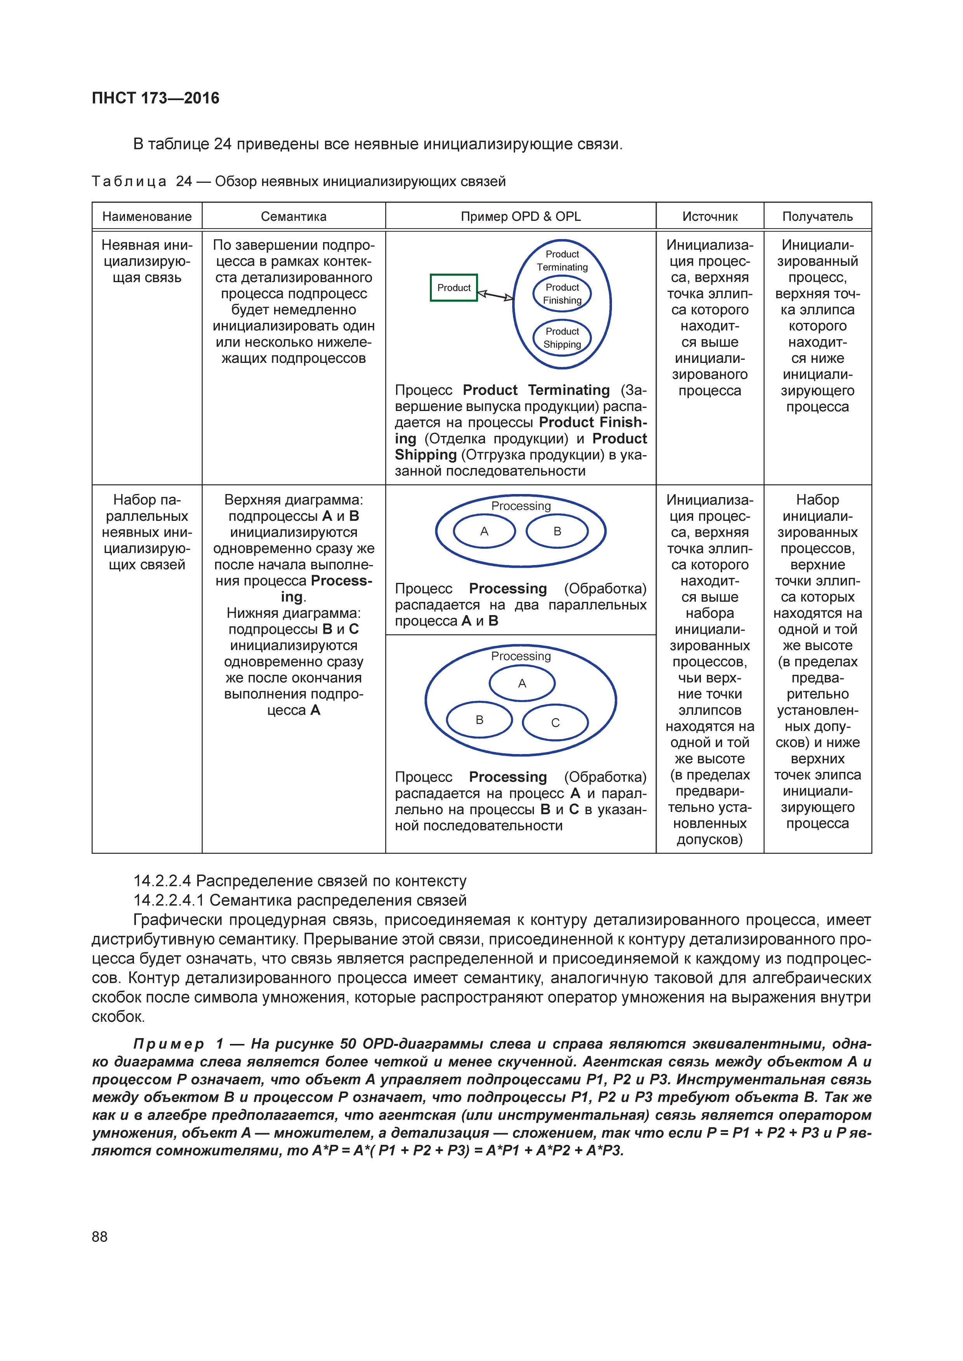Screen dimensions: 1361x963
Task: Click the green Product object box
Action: tap(454, 288)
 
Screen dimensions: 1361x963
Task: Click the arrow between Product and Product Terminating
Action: tap(495, 295)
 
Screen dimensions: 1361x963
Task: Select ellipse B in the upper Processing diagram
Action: tap(557, 531)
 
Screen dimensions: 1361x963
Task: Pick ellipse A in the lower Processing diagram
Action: tap(522, 683)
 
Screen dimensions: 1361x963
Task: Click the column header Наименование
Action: tap(147, 217)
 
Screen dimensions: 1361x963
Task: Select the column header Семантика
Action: tap(294, 217)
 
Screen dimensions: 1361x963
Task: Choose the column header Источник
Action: tap(710, 217)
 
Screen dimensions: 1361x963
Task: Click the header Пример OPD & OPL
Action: tap(521, 217)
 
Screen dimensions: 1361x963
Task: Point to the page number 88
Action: tap(100, 1236)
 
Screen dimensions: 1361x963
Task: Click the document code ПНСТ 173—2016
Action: tap(155, 98)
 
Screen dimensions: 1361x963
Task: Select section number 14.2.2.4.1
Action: tap(169, 900)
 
